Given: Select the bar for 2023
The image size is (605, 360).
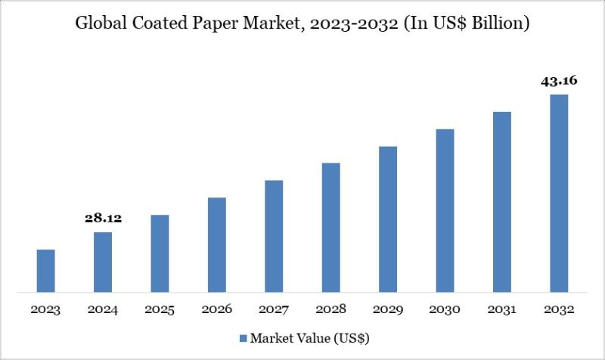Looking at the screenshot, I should click(46, 270).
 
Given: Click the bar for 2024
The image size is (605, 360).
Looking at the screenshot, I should click(103, 262).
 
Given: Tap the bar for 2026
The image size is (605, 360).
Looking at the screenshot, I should click(217, 244).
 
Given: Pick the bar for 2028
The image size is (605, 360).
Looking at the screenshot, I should click(330, 227).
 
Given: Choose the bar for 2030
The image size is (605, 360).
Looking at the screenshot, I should click(445, 210).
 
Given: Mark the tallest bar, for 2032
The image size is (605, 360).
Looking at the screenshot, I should click(559, 193).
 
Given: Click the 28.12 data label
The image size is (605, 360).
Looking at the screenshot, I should click(103, 219).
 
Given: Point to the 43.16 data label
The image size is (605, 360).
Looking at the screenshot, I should click(559, 81).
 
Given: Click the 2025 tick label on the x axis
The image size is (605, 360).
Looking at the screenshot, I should click(160, 310).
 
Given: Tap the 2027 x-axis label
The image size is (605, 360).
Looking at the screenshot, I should click(274, 310).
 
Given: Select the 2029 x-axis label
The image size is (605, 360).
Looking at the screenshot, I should click(388, 310).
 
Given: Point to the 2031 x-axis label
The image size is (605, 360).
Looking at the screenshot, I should click(502, 310).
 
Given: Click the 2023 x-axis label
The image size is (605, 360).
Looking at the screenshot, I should click(46, 310).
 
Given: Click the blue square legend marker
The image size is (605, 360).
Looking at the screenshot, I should click(244, 337).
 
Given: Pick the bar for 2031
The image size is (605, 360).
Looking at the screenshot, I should click(502, 201).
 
